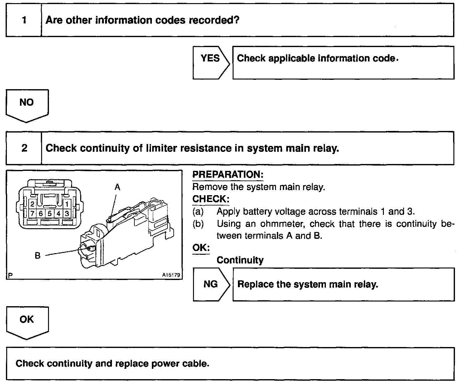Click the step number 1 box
tap(24, 20)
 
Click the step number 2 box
tap(24, 148)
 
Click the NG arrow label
tap(211, 284)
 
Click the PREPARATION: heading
tap(228, 175)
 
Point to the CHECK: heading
tap(210, 199)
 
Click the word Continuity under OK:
tap(240, 260)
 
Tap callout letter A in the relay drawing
tap(117, 187)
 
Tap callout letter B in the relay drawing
tap(37, 256)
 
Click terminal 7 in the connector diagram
tap(32, 214)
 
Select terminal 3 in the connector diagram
tap(67, 214)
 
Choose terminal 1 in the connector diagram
tap(67, 205)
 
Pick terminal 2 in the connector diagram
tap(32, 205)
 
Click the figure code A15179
tap(171, 275)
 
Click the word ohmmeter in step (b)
tap(284, 224)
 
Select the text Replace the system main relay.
tap(307, 284)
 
